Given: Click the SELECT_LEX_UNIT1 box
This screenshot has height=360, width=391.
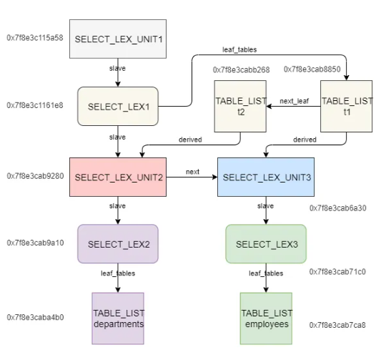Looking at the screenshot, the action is tap(118, 39).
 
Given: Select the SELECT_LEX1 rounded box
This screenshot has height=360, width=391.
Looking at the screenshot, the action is tap(118, 107).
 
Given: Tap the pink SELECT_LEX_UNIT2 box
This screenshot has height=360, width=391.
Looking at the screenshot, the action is tap(118, 177).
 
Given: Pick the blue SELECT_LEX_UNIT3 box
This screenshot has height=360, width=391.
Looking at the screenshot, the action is tap(266, 177).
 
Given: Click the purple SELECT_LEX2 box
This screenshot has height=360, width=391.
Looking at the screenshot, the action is tap(118, 244).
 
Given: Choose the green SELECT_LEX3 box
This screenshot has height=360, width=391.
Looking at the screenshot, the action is tap(266, 244).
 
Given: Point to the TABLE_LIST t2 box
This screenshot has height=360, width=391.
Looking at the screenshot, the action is tap(240, 106).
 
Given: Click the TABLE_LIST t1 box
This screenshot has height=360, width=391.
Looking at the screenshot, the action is tap(347, 106).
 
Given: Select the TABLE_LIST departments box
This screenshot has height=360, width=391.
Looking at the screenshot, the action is tap(118, 318).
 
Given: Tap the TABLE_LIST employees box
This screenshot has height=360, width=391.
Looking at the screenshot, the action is tap(266, 318).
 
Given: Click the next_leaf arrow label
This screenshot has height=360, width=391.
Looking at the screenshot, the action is tap(295, 101).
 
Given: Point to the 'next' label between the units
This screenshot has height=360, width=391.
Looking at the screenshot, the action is tap(192, 172).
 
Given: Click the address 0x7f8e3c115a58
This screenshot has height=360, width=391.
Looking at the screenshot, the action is tap(35, 38).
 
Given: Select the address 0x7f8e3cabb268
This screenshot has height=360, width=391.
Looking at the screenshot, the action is tap(241, 69).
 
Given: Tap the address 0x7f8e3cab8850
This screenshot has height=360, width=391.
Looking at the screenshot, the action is tap(312, 69).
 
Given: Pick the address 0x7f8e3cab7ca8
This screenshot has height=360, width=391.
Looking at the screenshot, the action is tap(337, 325).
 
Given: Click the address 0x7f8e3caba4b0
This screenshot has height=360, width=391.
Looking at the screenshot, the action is tap(35, 317).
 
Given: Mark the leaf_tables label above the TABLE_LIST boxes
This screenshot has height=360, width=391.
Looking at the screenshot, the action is tap(239, 49).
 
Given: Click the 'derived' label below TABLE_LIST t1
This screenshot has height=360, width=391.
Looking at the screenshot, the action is tap(305, 140).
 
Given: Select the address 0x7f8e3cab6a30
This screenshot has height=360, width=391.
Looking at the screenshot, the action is tap(338, 208).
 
